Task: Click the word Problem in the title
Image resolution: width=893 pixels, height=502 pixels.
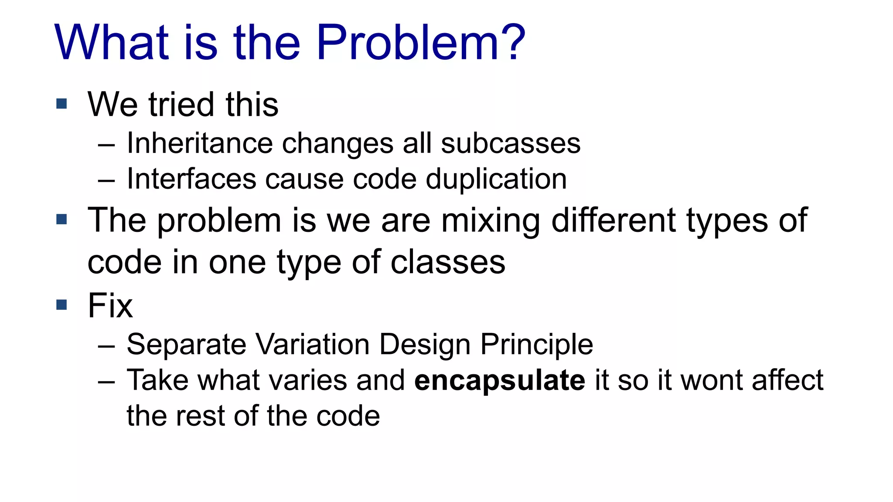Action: [407, 43]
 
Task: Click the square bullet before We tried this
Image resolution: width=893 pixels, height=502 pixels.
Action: [61, 104]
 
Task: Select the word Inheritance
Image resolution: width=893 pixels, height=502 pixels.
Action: [200, 143]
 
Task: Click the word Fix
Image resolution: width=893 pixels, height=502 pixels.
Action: [110, 305]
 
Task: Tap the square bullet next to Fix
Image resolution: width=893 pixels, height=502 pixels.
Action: [61, 304]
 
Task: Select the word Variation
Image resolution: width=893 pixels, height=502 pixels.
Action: [312, 344]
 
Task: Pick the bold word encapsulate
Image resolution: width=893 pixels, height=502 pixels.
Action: [499, 380]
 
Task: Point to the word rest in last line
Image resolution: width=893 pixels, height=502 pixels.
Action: [200, 416]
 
